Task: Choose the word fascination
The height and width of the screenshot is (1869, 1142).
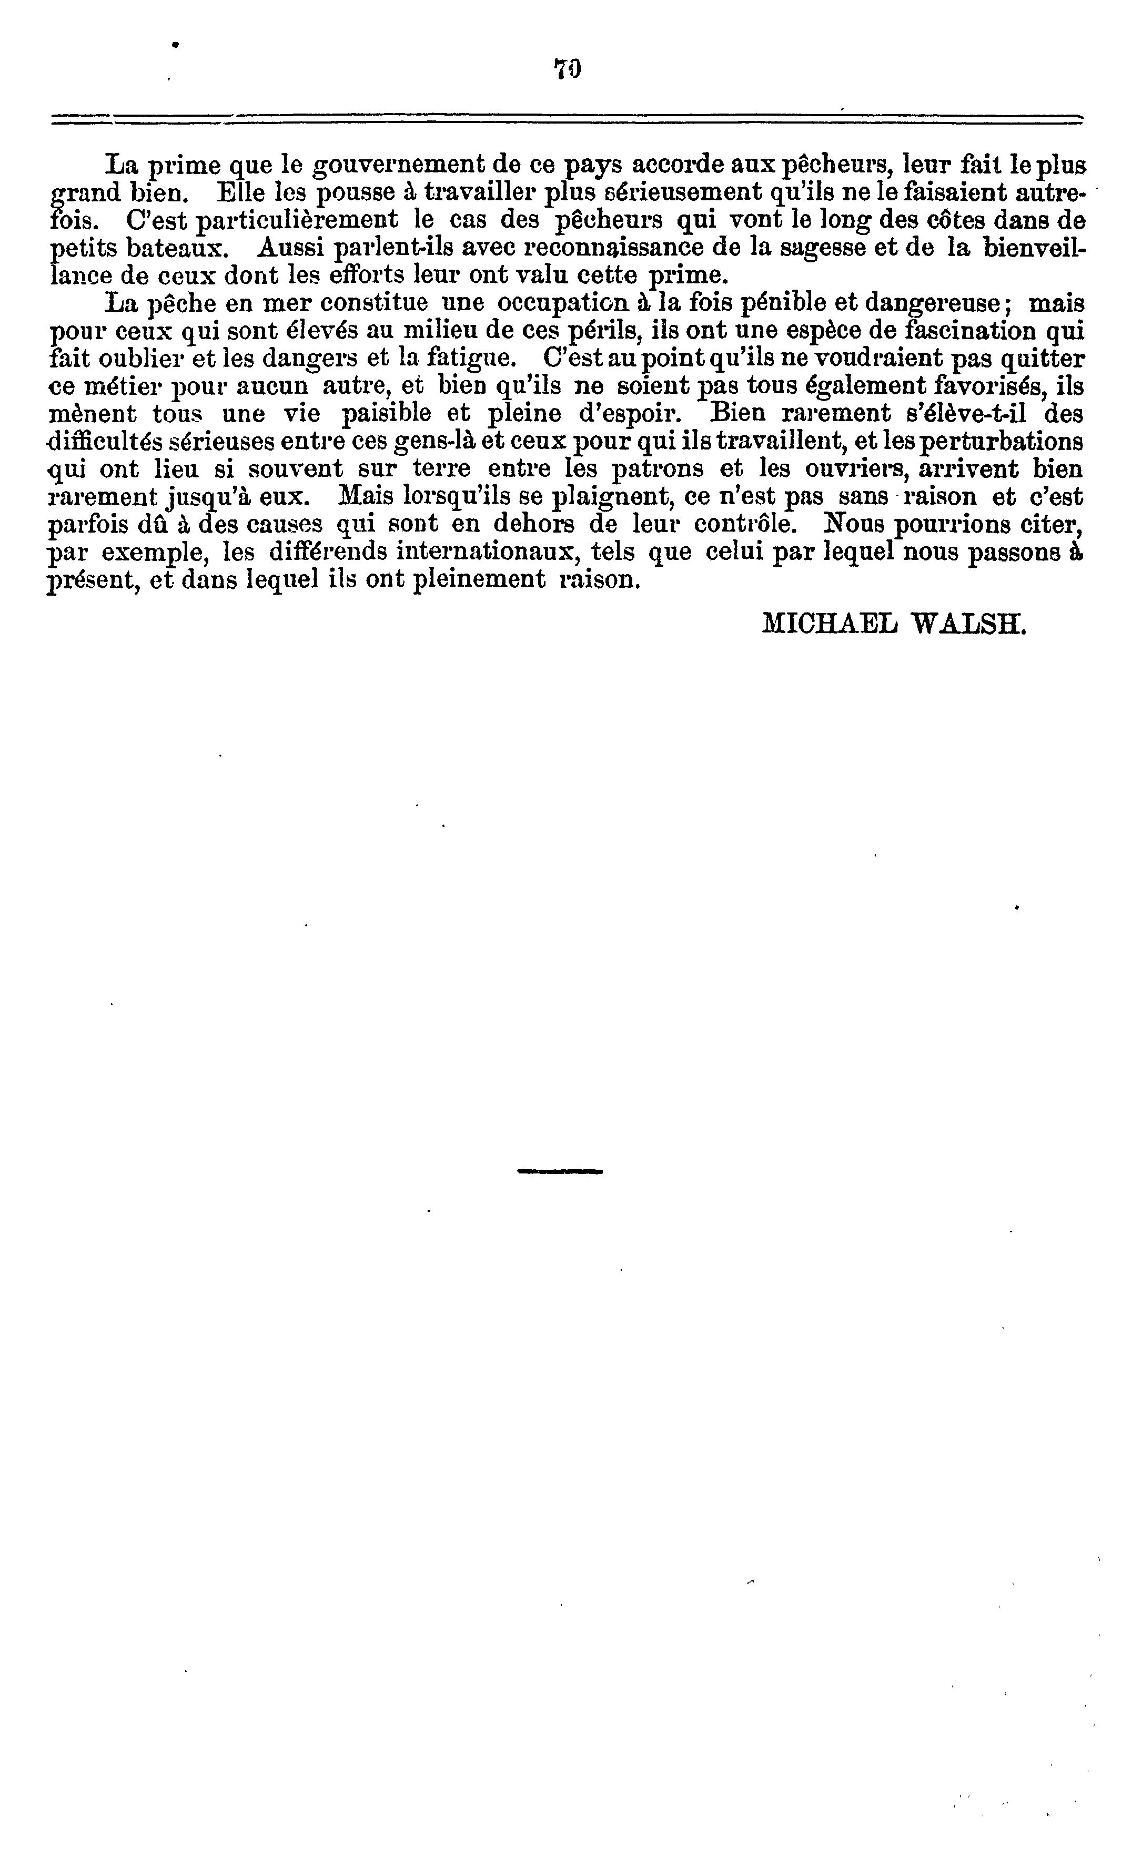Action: coord(969,331)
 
